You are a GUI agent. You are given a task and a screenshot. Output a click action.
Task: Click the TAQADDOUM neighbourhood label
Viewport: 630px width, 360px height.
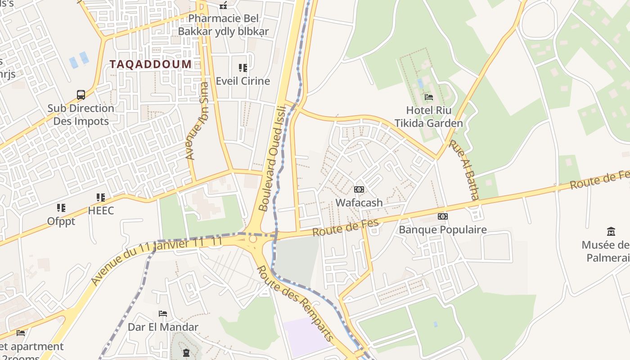151,64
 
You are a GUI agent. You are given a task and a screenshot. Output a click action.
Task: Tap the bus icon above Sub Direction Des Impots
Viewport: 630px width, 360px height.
81,95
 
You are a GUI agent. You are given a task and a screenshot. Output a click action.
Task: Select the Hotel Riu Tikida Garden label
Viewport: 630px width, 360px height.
428,117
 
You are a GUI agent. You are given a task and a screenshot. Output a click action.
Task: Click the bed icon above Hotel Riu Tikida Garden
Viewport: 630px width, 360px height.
428,97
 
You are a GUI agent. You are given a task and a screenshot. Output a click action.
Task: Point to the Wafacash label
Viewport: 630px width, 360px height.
359,202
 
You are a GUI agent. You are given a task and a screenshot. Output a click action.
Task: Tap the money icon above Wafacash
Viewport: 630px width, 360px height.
359,189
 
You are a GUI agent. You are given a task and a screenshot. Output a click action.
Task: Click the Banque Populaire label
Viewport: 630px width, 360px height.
443,229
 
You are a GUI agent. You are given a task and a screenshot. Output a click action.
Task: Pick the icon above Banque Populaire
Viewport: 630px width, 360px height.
443,216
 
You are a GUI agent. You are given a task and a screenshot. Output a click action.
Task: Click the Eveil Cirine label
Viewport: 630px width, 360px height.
243,81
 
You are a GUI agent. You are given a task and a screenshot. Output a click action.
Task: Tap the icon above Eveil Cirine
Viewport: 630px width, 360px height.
243,68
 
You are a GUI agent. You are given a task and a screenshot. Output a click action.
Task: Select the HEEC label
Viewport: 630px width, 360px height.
101,210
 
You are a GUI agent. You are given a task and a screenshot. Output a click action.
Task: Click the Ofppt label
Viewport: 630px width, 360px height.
61,221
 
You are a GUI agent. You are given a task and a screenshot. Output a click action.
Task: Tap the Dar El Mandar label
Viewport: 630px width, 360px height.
163,327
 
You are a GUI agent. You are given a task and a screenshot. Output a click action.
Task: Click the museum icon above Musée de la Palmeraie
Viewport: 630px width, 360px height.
611,232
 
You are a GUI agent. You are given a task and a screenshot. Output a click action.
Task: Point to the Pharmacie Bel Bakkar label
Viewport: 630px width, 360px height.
223,25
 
